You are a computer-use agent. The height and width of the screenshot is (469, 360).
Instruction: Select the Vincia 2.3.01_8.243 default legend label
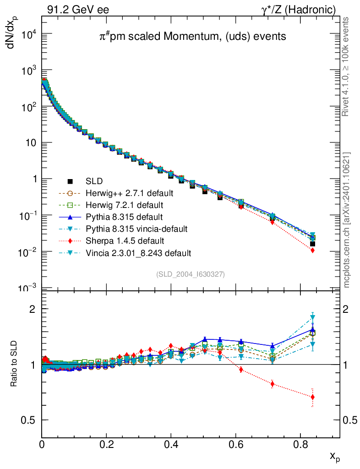point(138,252)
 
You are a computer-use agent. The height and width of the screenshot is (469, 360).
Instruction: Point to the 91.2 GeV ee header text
point(78,10)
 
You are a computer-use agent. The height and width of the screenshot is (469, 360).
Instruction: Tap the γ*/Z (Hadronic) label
point(299,10)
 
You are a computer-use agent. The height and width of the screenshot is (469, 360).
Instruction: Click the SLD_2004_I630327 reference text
point(191,274)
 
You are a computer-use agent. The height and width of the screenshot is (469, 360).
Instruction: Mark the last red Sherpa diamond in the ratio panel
point(312,397)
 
